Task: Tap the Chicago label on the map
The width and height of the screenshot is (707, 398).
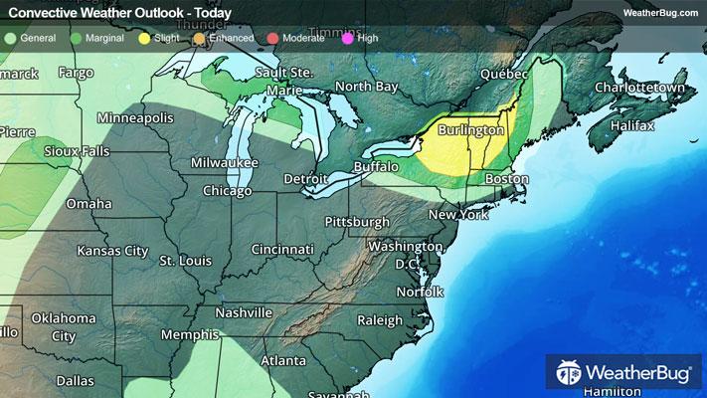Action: pyautogui.click(x=227, y=190)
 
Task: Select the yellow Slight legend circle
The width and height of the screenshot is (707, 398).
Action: pyautogui.click(x=145, y=38)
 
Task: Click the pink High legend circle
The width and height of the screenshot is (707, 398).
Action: pyautogui.click(x=346, y=38)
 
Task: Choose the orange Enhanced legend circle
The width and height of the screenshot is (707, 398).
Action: pyautogui.click(x=199, y=38)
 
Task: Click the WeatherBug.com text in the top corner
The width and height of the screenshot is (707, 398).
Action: pyautogui.click(x=660, y=12)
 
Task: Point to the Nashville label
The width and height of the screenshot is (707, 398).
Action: pyautogui.click(x=239, y=311)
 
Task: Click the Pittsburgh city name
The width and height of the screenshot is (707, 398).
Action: pyautogui.click(x=357, y=220)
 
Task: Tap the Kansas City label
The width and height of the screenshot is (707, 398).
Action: pyautogui.click(x=112, y=250)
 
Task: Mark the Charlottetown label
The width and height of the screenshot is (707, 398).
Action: pyautogui.click(x=640, y=88)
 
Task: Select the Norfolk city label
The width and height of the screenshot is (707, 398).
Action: pyautogui.click(x=419, y=291)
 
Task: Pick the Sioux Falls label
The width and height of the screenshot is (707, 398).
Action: pyautogui.click(x=78, y=151)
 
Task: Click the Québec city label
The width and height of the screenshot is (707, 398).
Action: pyautogui.click(x=502, y=74)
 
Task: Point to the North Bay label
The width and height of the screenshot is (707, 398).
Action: pyautogui.click(x=366, y=87)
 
